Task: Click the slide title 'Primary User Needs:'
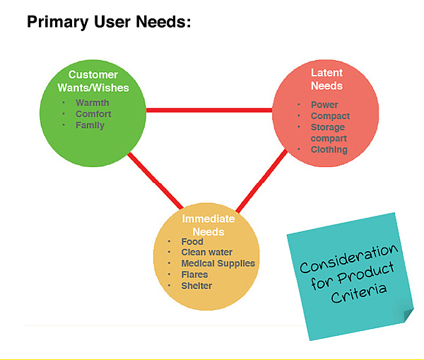(x=108, y=23)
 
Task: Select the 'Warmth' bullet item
(x=93, y=103)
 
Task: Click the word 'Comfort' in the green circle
(x=94, y=114)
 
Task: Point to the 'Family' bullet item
(x=90, y=125)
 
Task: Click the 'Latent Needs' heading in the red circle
(x=326, y=79)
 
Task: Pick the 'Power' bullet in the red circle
(x=324, y=105)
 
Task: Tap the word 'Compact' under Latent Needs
(x=330, y=116)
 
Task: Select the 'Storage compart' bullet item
(x=329, y=133)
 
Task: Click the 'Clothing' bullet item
(x=329, y=150)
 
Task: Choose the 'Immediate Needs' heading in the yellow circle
(x=208, y=225)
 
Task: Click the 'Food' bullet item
(x=192, y=242)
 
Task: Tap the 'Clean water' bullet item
(x=206, y=252)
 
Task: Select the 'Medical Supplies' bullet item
(x=218, y=264)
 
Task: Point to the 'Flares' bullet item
(x=194, y=274)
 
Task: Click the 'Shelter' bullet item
(x=196, y=285)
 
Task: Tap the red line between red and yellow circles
(x=261, y=182)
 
